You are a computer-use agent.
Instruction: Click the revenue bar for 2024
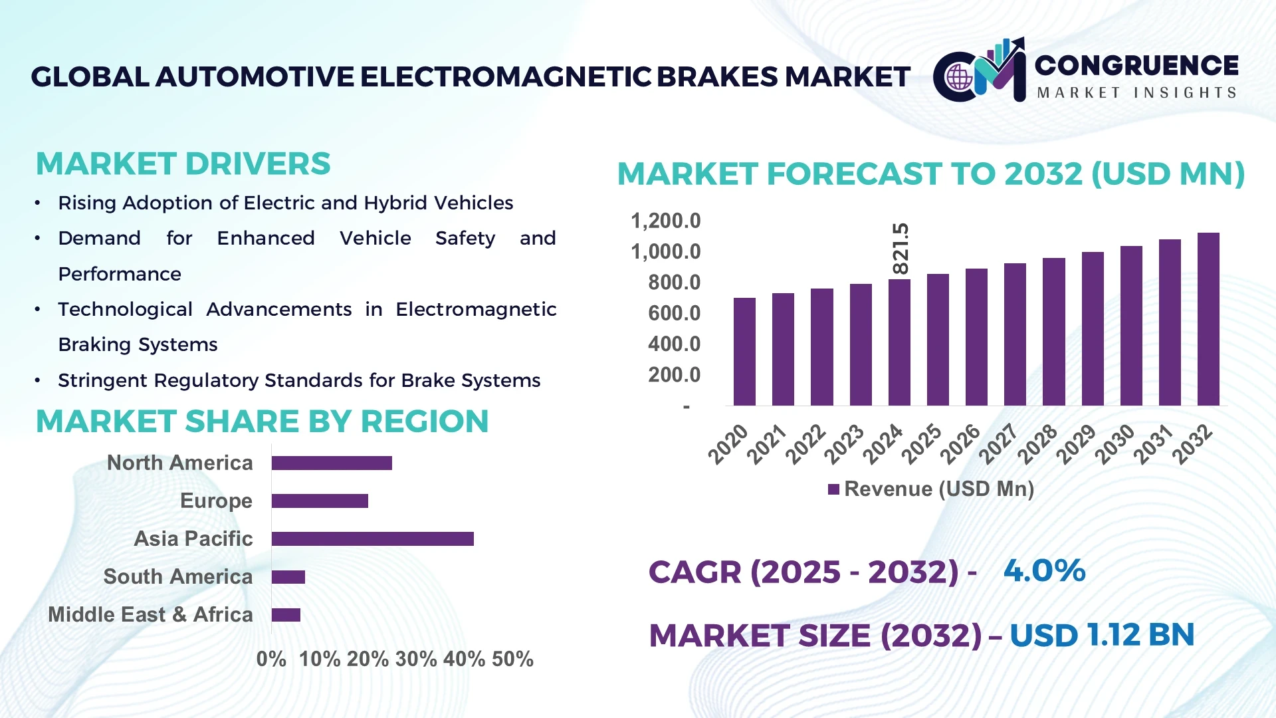click(x=899, y=342)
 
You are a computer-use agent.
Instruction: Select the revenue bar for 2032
click(x=1208, y=319)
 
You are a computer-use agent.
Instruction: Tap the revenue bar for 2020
click(x=744, y=352)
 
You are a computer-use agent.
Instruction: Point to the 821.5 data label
click(x=901, y=249)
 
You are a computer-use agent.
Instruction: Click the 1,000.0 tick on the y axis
click(x=665, y=252)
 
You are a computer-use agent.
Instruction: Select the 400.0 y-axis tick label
click(x=674, y=344)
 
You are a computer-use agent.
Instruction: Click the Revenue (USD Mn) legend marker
click(x=833, y=490)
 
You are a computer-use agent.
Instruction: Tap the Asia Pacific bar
click(x=372, y=538)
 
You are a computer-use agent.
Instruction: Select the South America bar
click(x=288, y=577)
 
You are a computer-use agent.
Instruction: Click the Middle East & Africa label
click(x=150, y=614)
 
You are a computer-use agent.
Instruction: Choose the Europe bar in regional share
click(x=320, y=501)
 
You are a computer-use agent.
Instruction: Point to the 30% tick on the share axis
click(x=416, y=659)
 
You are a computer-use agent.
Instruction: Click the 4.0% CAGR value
click(x=1044, y=570)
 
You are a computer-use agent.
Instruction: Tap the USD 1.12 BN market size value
click(x=1101, y=635)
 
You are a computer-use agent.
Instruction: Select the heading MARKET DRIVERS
click(x=183, y=164)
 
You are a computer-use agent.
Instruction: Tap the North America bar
click(x=332, y=463)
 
